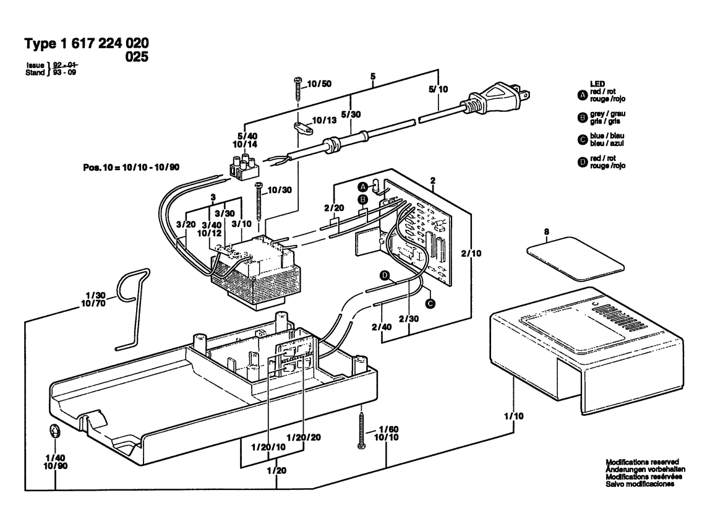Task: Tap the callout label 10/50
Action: tap(319, 84)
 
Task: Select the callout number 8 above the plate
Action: tap(546, 232)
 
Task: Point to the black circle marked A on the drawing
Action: tap(363, 187)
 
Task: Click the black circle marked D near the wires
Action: tap(384, 276)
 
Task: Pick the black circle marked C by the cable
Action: tap(430, 304)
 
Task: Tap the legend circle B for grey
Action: tap(583, 118)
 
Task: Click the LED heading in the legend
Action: tap(597, 84)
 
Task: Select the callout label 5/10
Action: tap(439, 89)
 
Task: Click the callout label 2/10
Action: tap(471, 253)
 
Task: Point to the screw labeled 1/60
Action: tap(361, 429)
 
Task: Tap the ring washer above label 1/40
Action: tap(55, 433)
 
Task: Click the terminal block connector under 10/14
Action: tap(244, 166)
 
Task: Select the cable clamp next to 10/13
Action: tap(302, 128)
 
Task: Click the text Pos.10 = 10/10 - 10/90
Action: tap(131, 168)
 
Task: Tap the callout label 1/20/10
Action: tap(268, 447)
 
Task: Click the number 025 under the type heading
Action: tap(137, 57)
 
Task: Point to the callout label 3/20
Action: tap(186, 225)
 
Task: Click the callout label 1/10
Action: tap(514, 416)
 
